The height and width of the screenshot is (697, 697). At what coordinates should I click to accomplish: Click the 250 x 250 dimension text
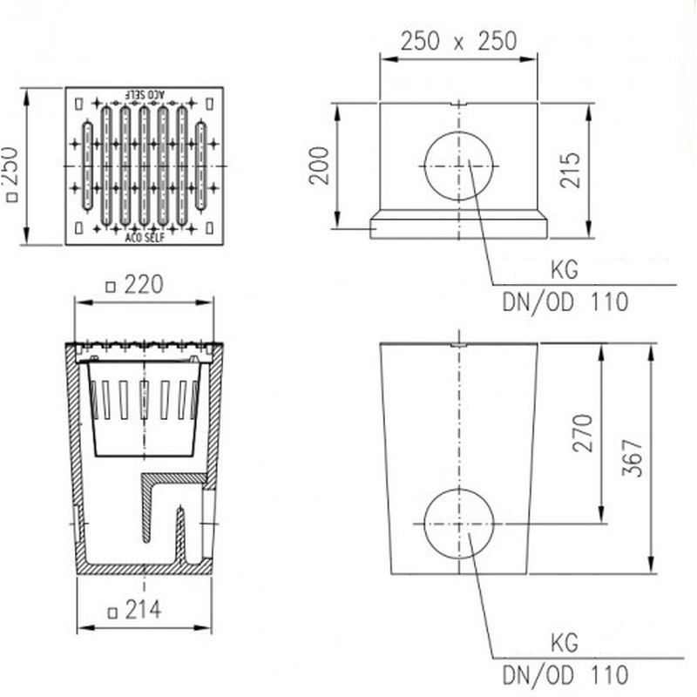click(458, 41)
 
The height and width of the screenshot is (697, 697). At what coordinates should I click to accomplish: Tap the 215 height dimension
click(571, 170)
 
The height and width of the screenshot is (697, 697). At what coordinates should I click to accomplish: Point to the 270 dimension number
click(583, 433)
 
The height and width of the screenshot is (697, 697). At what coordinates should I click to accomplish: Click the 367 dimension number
click(633, 458)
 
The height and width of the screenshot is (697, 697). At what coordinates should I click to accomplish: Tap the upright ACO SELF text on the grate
click(145, 238)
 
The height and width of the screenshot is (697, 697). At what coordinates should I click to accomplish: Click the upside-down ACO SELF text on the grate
click(145, 94)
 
